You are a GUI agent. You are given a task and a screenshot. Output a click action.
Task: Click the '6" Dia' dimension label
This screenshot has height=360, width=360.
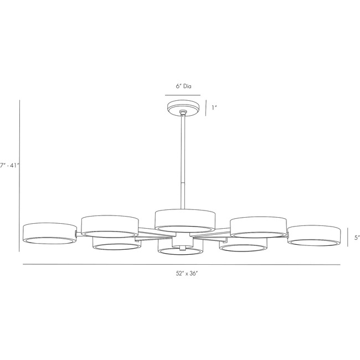[x=183, y=87]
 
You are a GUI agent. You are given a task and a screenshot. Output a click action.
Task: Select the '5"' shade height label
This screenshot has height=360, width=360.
[x=357, y=238]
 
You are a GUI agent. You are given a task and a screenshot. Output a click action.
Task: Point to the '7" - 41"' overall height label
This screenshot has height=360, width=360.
[x=9, y=164]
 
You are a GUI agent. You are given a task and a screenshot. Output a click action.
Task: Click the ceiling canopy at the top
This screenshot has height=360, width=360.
[x=183, y=106]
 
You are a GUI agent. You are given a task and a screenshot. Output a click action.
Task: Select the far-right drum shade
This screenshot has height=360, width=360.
[x=313, y=234]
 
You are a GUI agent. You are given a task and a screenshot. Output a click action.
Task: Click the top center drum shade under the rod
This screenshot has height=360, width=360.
[x=184, y=219]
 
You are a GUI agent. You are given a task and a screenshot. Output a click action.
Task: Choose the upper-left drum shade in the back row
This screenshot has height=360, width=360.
[x=109, y=225]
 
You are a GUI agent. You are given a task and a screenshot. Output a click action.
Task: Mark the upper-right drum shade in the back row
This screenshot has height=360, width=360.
[x=258, y=227]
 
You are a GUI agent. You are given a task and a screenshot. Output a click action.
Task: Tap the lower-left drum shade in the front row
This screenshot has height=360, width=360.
[x=116, y=244]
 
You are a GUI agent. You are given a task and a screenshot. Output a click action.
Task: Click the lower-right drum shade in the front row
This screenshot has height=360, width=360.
[x=244, y=245]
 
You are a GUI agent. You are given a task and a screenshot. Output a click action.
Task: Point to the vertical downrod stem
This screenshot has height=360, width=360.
[x=183, y=161]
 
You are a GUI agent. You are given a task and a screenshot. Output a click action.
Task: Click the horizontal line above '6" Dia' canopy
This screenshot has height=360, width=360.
[x=183, y=96]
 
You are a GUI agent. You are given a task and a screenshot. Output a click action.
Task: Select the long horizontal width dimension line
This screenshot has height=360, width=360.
[x=182, y=265]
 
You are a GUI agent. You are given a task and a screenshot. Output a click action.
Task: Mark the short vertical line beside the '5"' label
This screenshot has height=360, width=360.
[x=348, y=238]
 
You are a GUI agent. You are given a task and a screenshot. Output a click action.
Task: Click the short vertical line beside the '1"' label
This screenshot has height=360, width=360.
[x=206, y=107]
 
